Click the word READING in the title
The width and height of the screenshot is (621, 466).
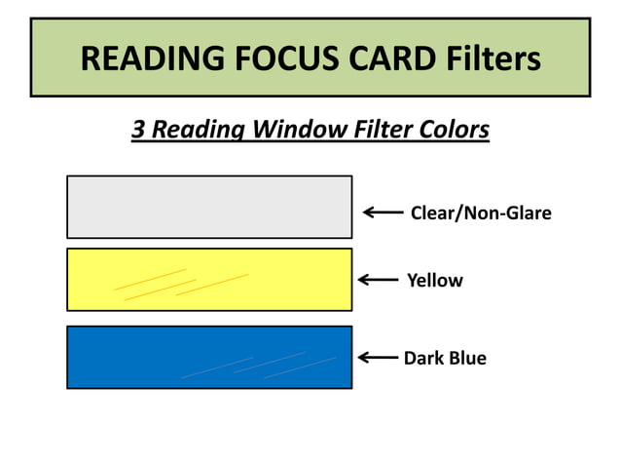147,58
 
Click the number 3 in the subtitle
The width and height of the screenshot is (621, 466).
138,129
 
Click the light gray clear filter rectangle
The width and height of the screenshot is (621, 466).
209,207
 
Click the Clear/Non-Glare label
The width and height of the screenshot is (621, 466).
481,213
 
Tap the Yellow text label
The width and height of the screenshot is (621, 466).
434,281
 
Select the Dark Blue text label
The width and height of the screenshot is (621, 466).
445,358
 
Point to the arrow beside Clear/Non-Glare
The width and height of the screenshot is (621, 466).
383,212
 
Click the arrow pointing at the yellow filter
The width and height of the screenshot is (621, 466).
378,280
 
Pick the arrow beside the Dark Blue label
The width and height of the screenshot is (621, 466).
378,358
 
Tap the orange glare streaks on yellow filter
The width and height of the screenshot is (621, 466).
180,282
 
